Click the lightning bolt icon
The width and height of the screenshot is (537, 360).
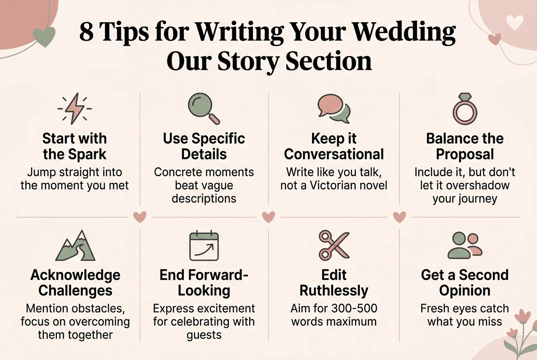click(74, 109)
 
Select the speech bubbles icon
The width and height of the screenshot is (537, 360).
click(334, 109)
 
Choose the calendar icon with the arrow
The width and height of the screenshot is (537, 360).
click(204, 246)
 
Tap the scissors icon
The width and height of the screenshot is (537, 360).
click(334, 245)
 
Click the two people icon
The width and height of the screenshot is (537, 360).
click(464, 245)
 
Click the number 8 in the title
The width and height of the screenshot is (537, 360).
click(86, 33)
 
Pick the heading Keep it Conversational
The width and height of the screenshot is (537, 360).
click(334, 146)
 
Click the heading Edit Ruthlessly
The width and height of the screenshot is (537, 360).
click(334, 282)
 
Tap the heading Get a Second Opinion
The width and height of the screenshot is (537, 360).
click(464, 282)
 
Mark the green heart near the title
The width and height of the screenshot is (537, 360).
click(44, 37)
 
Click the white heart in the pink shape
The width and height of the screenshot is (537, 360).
click(514, 23)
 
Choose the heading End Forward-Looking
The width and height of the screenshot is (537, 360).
click(204, 282)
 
